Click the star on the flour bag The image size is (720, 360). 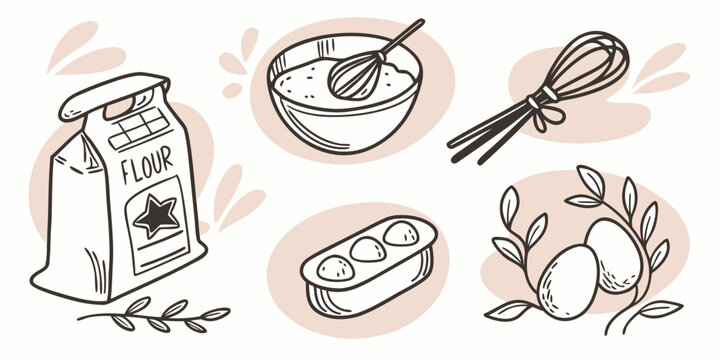(x=156, y=216)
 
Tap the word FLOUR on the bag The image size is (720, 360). (x=147, y=164)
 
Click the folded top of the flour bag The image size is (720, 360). (x=114, y=96)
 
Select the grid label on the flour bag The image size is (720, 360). (x=139, y=128)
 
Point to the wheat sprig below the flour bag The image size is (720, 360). (x=154, y=315)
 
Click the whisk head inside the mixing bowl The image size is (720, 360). (x=354, y=76)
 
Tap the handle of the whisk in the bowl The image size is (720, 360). (x=401, y=36)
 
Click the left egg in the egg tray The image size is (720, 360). (x=336, y=268)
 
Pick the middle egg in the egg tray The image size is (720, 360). (x=368, y=250)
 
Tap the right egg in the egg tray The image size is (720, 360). (x=401, y=233)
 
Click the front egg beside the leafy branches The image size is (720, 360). (x=568, y=281)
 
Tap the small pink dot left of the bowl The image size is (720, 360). (x=232, y=90)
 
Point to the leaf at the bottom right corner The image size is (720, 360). (x=661, y=309)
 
